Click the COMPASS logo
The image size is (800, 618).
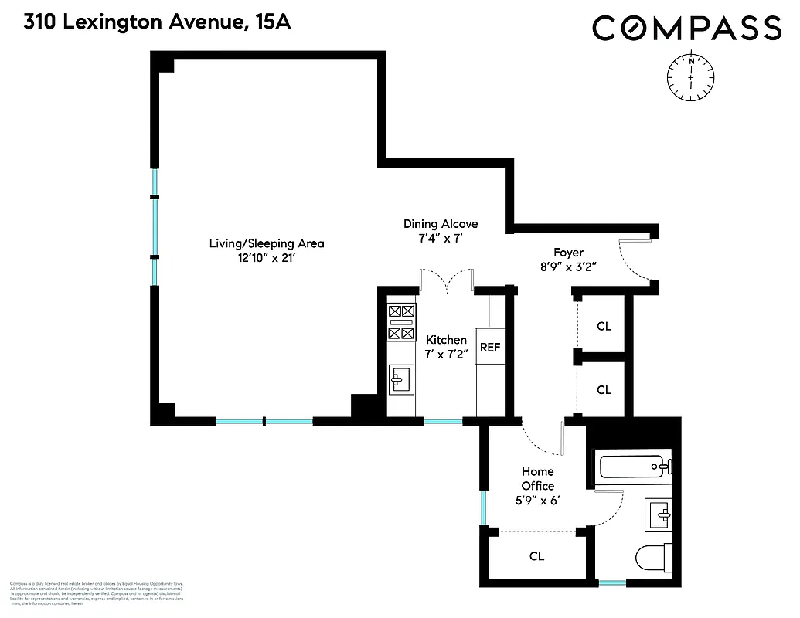pyautogui.click(x=686, y=29)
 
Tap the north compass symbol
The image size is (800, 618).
pyautogui.click(x=690, y=76)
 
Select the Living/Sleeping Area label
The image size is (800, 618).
pyautogui.click(x=267, y=243)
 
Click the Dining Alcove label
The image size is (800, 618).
pyautogui.click(x=441, y=224)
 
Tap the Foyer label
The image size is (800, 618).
pyautogui.click(x=568, y=253)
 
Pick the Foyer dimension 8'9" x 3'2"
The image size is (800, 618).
pyautogui.click(x=568, y=267)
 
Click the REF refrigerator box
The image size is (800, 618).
pyautogui.click(x=490, y=347)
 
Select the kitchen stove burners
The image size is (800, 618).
pyautogui.click(x=400, y=322)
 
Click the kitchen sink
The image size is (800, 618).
pyautogui.click(x=401, y=379)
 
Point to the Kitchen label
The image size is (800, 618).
pyautogui.click(x=446, y=340)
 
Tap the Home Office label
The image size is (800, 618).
pyautogui.click(x=537, y=478)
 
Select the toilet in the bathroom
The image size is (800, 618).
pyautogui.click(x=654, y=557)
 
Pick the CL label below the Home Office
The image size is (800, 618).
pyautogui.click(x=536, y=556)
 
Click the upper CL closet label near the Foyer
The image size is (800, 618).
pyautogui.click(x=604, y=327)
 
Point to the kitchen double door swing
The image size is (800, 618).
pyautogui.click(x=447, y=280)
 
